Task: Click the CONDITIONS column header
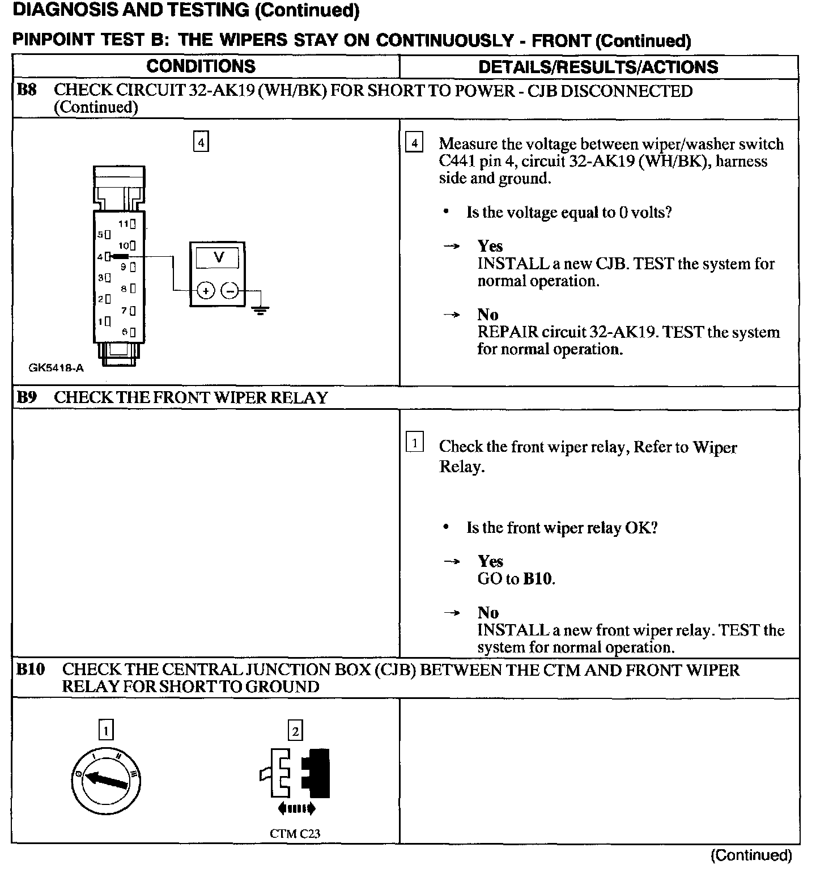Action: point(201,66)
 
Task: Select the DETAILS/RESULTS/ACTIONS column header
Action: point(598,67)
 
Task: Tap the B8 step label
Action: point(27,91)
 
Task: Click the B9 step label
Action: point(27,397)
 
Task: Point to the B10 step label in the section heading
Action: point(31,669)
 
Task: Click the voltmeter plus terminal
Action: point(205,291)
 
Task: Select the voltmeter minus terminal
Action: point(229,291)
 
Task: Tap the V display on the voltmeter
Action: point(218,258)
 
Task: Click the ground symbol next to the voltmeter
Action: point(260,310)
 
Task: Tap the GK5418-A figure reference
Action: point(56,368)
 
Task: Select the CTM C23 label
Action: point(295,833)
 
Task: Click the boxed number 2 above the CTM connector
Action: point(295,731)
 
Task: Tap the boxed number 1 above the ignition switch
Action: point(106,730)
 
